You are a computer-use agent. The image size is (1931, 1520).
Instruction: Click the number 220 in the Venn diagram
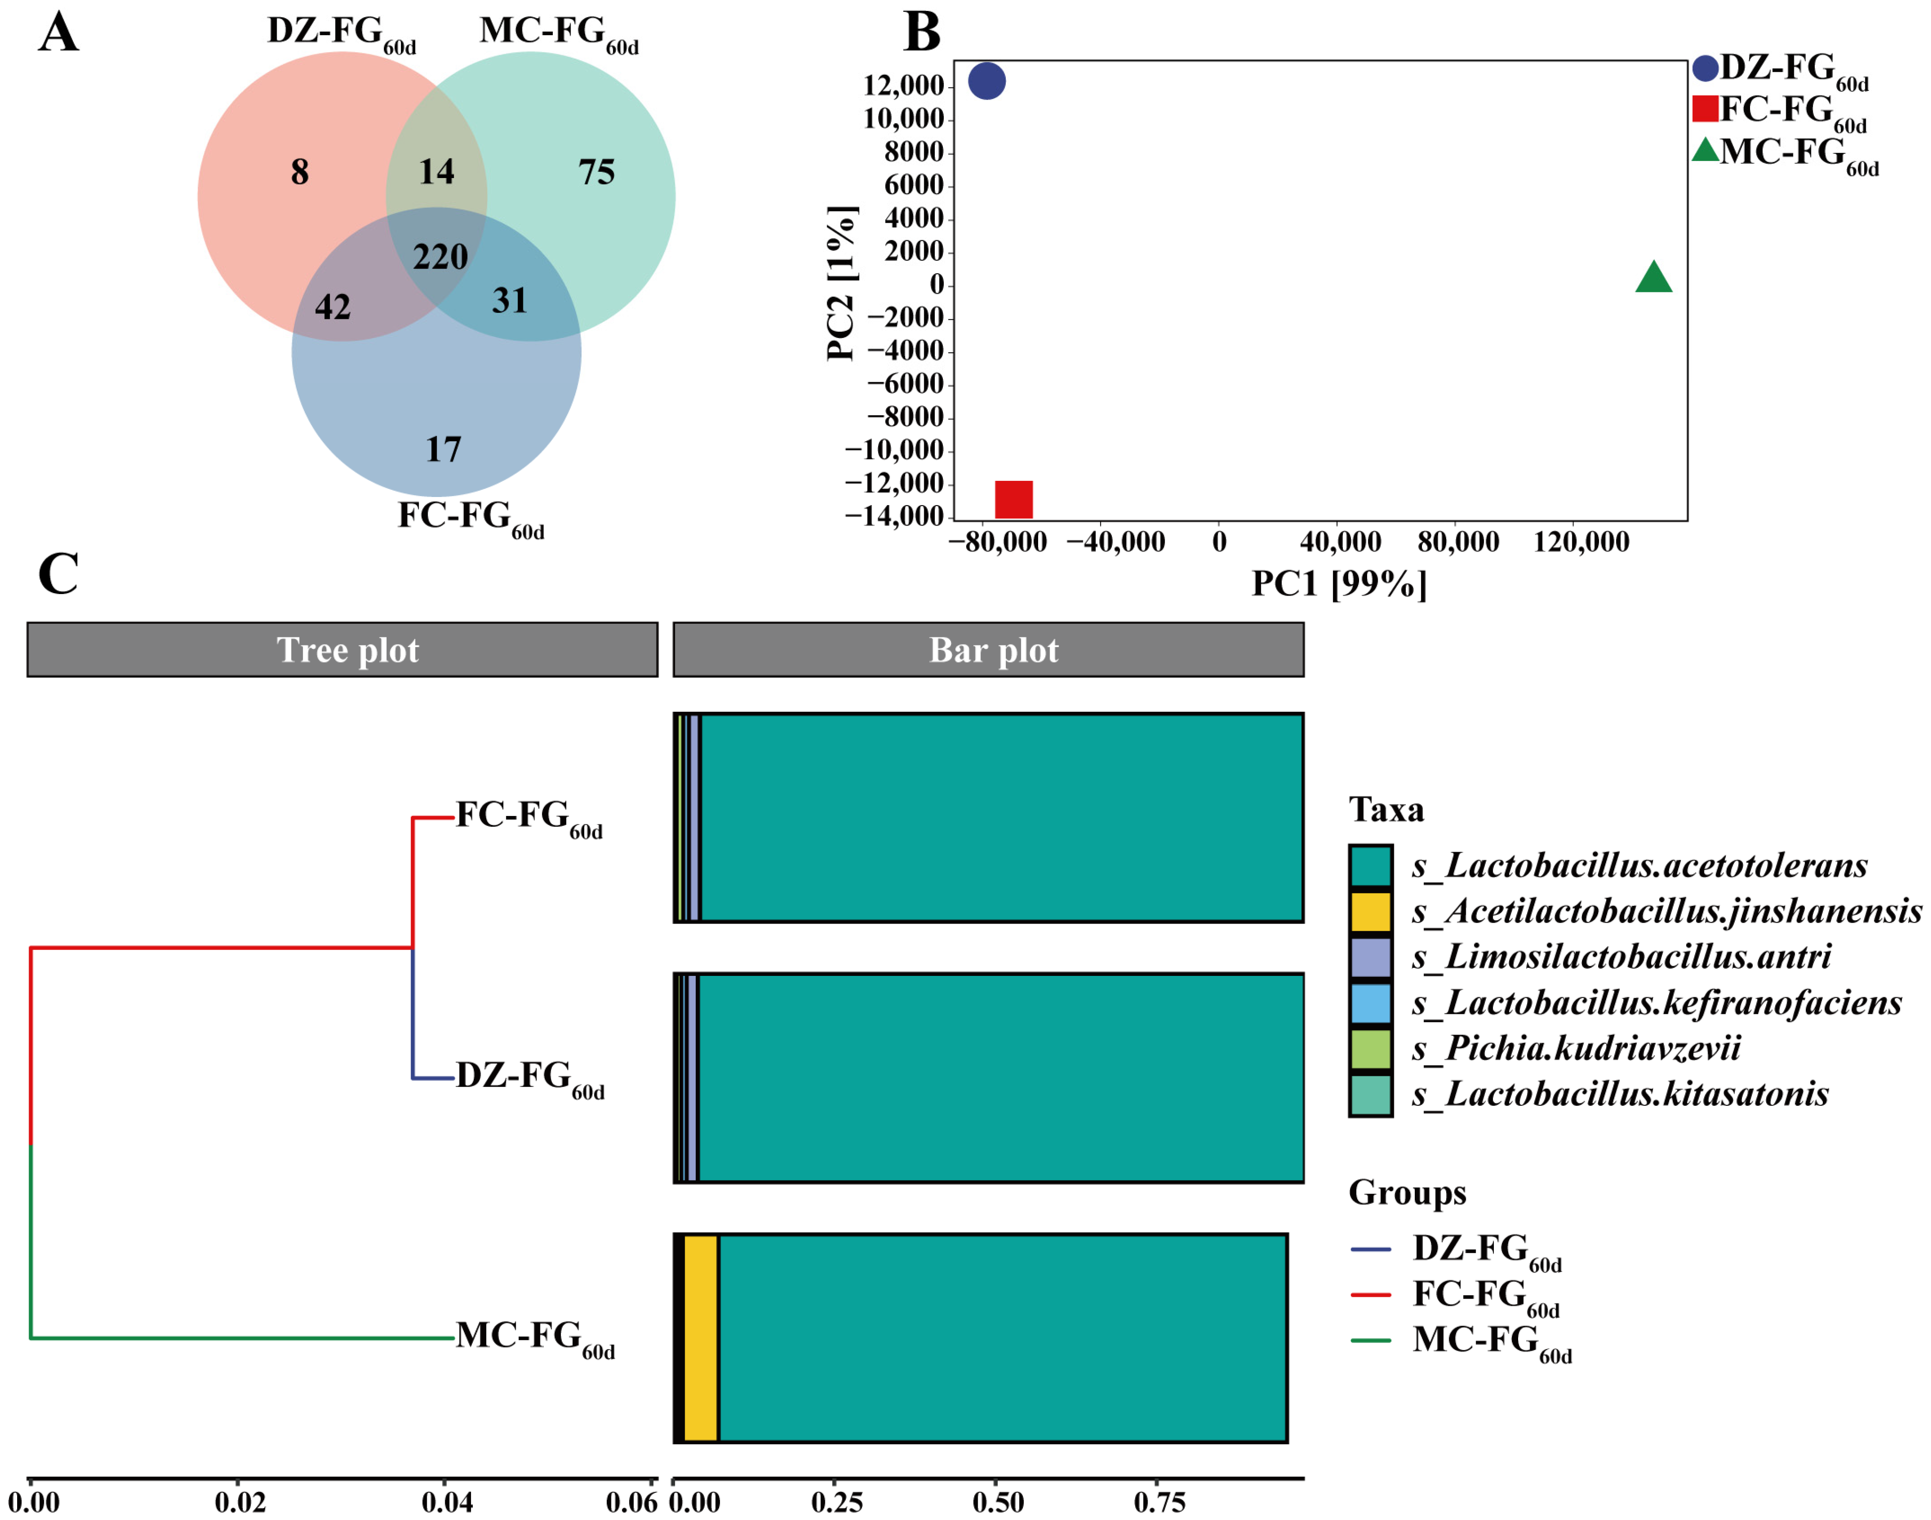(x=440, y=257)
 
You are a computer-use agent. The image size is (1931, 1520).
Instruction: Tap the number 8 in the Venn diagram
(x=300, y=172)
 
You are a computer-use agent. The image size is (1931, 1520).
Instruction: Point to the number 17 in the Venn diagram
(x=443, y=449)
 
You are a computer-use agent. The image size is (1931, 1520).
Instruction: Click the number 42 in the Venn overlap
(x=333, y=307)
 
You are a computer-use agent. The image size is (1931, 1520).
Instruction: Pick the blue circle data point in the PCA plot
(x=986, y=81)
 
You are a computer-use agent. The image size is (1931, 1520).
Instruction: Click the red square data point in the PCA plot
(x=1013, y=499)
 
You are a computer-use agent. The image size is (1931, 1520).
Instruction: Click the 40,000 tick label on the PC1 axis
(x=1340, y=541)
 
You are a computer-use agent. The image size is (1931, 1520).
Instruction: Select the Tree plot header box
(x=343, y=650)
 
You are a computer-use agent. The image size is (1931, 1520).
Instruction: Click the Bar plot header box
(x=988, y=650)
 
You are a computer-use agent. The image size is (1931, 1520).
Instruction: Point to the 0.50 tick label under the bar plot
(x=998, y=1503)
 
